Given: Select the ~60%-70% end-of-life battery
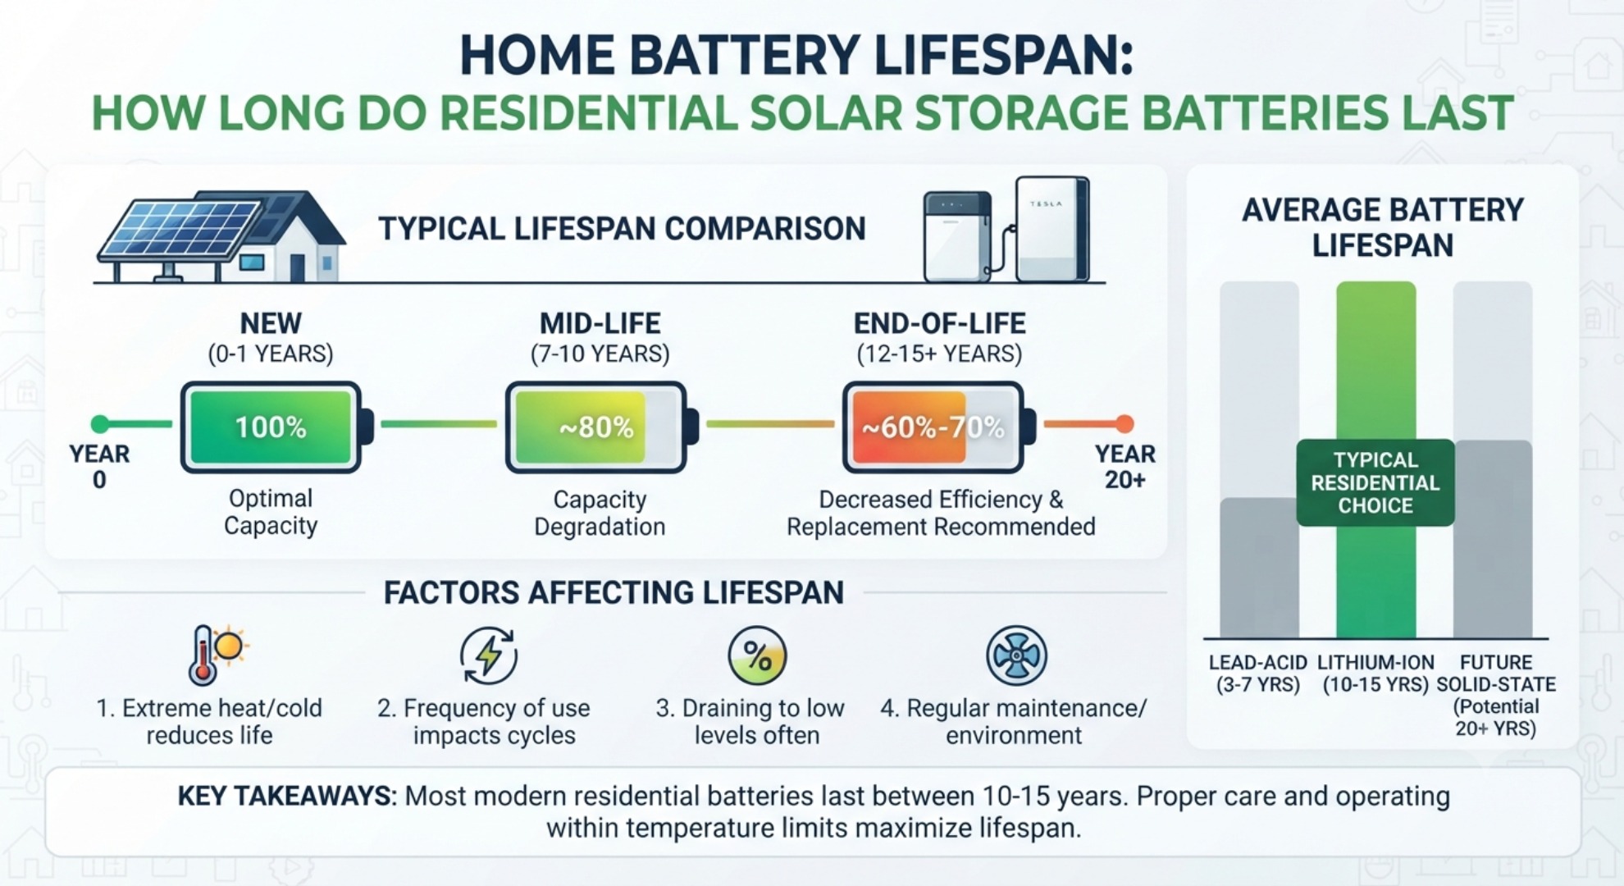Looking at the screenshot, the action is point(939,427).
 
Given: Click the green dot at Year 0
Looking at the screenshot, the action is point(100,424).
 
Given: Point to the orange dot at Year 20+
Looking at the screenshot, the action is point(1124,424).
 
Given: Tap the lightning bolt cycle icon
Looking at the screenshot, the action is point(489,655).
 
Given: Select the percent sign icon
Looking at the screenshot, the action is point(757,656).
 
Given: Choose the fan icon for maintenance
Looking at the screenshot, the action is point(1016,655).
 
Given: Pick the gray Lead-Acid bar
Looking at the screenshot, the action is point(1259,568).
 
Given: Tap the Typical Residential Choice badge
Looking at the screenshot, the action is point(1375,482).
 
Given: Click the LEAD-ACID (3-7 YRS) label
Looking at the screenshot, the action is point(1258,674).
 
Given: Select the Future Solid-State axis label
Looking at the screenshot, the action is point(1496,695).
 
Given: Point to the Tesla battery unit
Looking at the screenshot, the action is point(1052,229).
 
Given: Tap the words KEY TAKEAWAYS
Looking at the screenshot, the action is point(285,796).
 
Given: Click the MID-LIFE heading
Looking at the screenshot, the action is point(600,323).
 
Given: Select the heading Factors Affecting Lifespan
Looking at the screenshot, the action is point(614,592).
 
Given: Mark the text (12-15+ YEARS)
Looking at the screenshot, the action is point(939,354).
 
